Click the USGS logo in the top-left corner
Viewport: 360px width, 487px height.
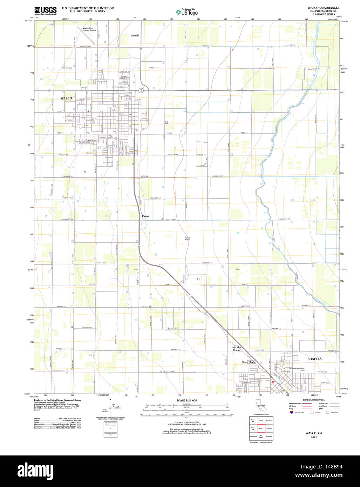pyautogui.click(x=45, y=10)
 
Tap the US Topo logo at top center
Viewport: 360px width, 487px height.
pyautogui.click(x=187, y=12)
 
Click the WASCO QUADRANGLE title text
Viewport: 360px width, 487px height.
pyautogui.click(x=323, y=8)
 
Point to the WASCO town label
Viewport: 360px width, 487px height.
pyautogui.click(x=66, y=98)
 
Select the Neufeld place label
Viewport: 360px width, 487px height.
pyautogui.click(x=135, y=35)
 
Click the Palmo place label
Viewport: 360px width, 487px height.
pyautogui.click(x=145, y=216)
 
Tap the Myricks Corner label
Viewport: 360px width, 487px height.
pyautogui.click(x=237, y=349)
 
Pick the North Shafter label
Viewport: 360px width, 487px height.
pyautogui.click(x=249, y=362)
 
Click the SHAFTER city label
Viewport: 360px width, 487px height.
pyautogui.click(x=314, y=359)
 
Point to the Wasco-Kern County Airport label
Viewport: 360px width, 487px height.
pyautogui.click(x=89, y=29)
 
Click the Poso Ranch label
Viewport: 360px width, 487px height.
pyautogui.click(x=312, y=69)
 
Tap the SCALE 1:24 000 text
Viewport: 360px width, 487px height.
pyautogui.click(x=187, y=400)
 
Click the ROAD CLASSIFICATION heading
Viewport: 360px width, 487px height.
pyautogui.click(x=313, y=400)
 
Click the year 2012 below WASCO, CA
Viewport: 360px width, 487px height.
pyautogui.click(x=314, y=437)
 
